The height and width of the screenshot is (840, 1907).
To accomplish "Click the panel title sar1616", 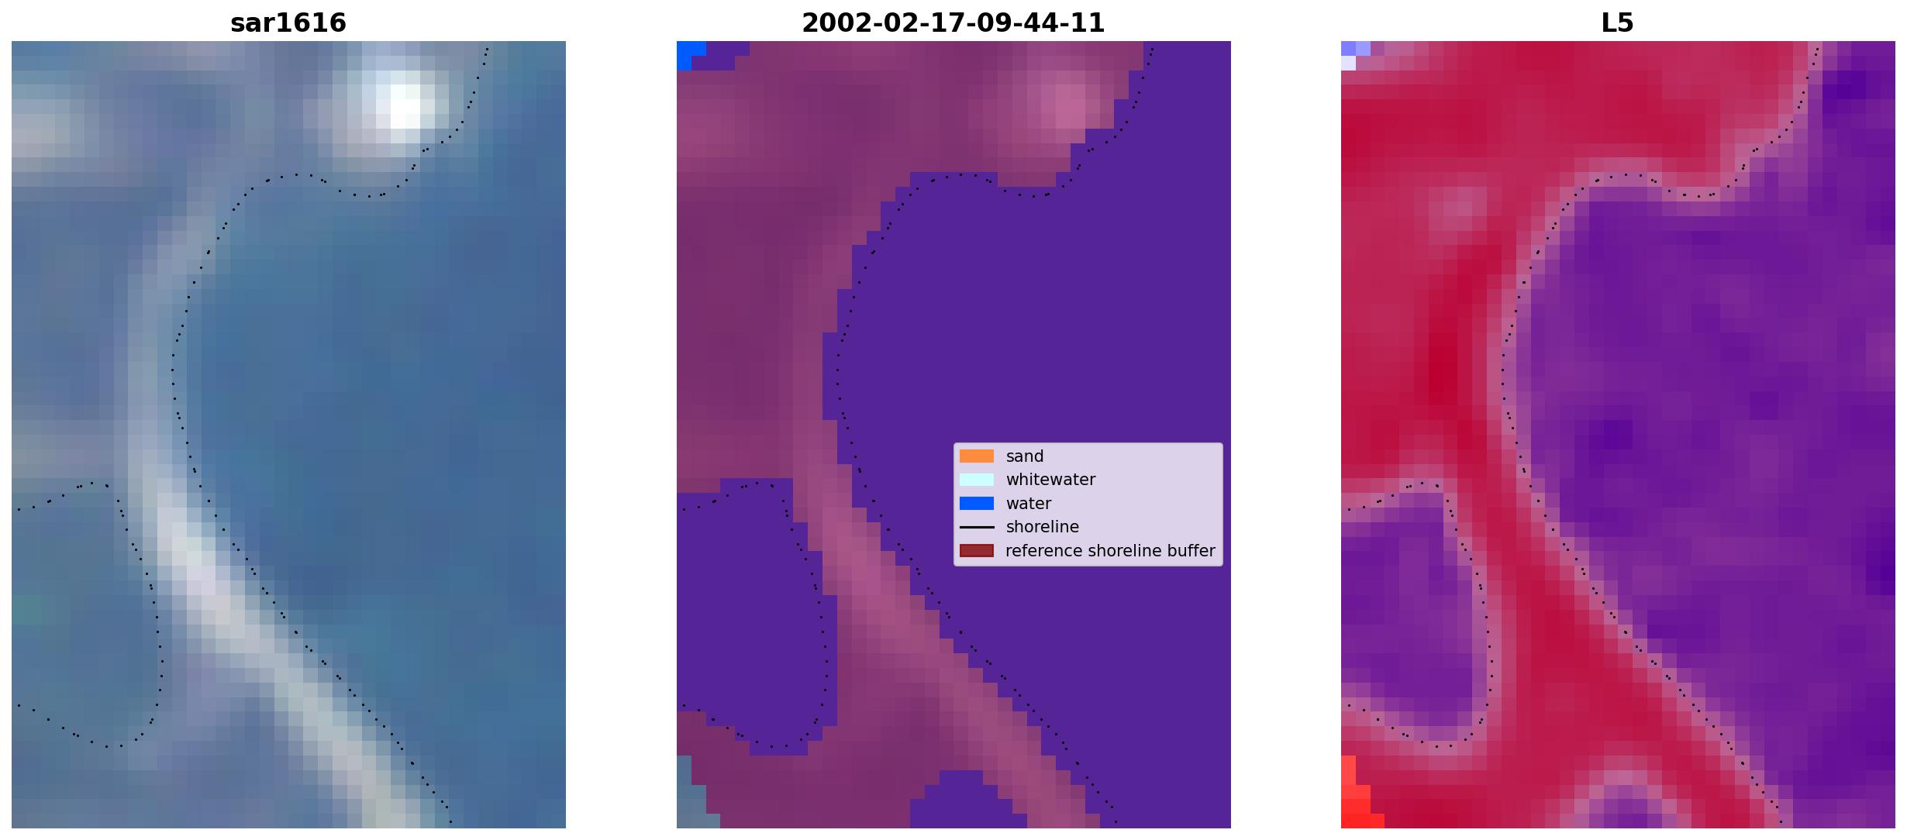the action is [288, 23].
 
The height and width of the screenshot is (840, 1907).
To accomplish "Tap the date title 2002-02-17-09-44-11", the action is [953, 23].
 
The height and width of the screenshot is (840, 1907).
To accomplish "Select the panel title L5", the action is [1617, 23].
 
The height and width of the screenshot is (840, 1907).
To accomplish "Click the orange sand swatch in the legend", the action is [977, 456].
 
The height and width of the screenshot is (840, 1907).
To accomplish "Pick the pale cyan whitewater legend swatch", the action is [977, 480].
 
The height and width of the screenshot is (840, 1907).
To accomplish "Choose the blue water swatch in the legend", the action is [977, 504].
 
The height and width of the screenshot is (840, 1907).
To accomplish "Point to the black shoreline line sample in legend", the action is [977, 527].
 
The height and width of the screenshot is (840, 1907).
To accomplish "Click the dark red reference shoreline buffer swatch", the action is [977, 551].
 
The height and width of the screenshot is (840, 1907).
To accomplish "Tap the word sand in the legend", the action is [1025, 456].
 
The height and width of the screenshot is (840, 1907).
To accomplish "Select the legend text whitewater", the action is [1050, 480].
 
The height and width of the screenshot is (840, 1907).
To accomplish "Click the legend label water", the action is [1029, 504].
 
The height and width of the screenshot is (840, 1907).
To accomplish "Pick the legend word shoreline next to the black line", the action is [1043, 527].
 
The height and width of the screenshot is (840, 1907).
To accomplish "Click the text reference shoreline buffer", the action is [1110, 551].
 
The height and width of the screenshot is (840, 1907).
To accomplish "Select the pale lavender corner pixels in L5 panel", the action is [1354, 54].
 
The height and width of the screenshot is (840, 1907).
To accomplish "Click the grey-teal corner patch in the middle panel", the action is [691, 792].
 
